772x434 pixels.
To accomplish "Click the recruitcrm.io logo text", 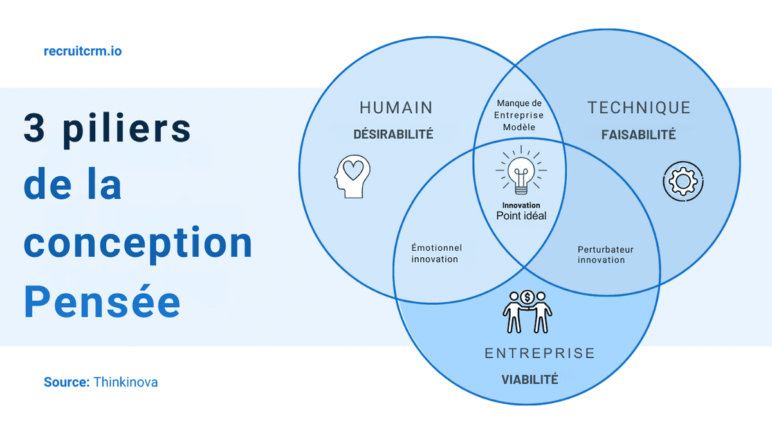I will pos(82,51).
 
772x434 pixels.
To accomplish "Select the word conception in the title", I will pos(138,242).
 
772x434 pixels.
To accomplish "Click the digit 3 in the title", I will pos(34,127).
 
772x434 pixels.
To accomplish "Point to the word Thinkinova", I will pos(125,382).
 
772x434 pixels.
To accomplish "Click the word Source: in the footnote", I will pos(66,382).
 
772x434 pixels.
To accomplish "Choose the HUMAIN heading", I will pos(396,107).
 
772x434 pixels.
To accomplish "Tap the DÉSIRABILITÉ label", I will pos(393,134).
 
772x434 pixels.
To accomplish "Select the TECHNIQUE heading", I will pos(638,107).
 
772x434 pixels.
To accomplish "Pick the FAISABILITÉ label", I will pos(638,135).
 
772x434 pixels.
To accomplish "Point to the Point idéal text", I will pos(521,216).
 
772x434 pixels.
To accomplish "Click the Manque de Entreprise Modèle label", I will pos(520,115).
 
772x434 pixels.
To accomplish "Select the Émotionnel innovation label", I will pos(436,253).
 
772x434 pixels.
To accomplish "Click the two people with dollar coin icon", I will pos(528,311).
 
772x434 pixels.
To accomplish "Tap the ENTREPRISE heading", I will pos(539,353).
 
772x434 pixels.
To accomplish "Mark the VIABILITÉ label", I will pos(529,379).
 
